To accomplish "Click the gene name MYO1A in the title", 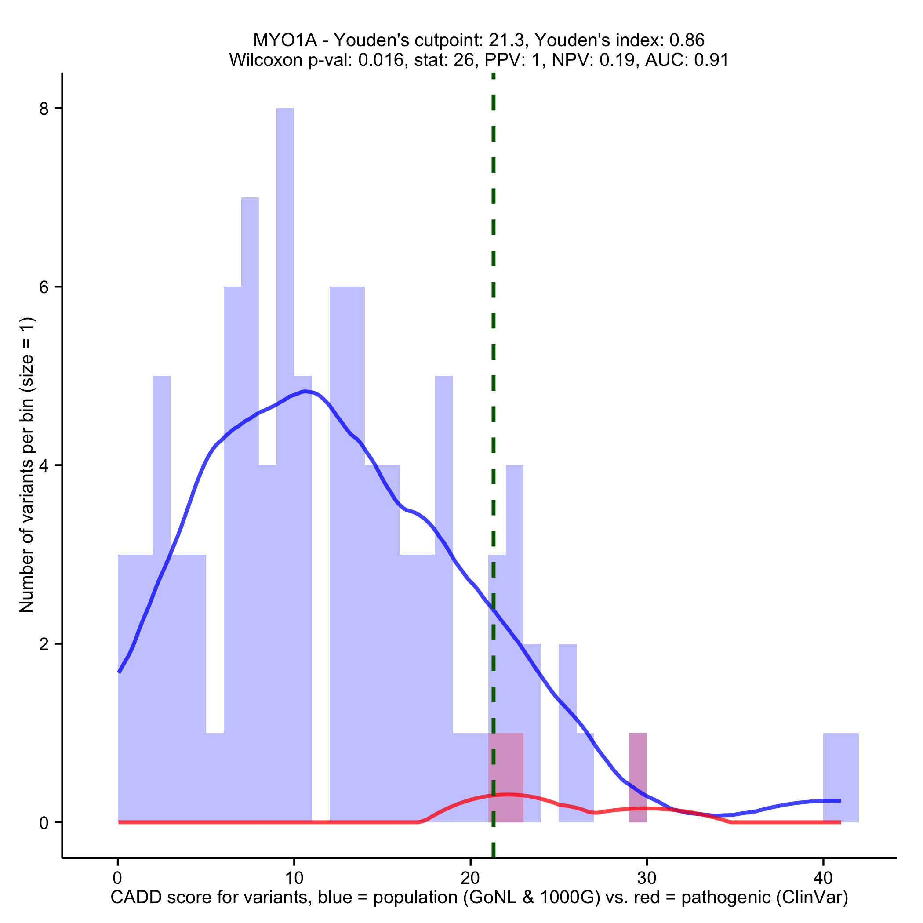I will coord(285,40).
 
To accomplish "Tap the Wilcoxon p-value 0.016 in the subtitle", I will coord(381,60).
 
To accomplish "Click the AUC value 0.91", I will coord(711,60).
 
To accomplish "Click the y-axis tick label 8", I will coord(44,109).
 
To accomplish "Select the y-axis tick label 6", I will coord(44,287).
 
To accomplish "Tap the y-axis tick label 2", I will coord(44,644).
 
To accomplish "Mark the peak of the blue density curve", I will coord(304,392).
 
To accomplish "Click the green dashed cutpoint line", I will coord(493,334).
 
